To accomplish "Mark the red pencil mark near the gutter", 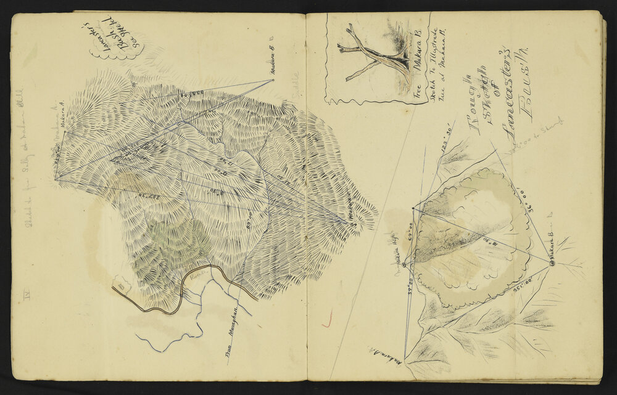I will (327, 317).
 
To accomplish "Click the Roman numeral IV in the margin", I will (25, 296).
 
